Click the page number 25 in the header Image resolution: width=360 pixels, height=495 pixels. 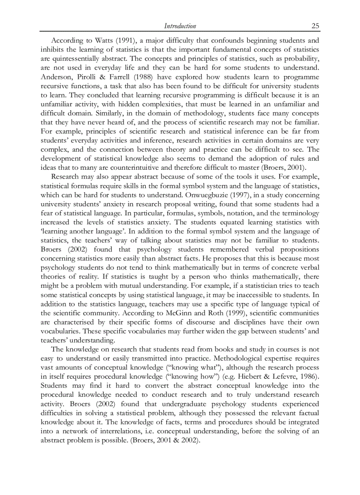pos(315,26)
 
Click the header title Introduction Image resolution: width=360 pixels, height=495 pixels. pos(180,26)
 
